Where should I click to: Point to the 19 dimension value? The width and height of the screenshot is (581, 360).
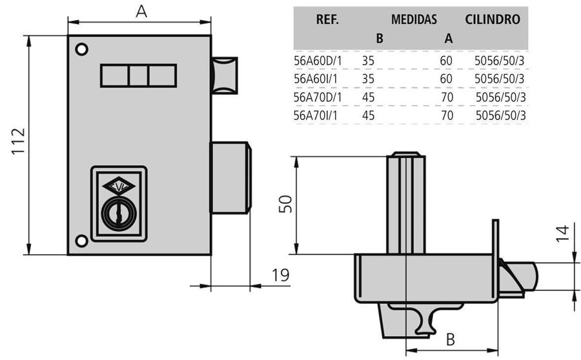(280, 275)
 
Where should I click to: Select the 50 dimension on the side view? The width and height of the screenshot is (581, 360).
(285, 205)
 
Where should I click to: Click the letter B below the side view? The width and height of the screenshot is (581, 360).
(451, 339)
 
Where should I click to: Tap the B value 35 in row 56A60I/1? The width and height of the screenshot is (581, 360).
(369, 79)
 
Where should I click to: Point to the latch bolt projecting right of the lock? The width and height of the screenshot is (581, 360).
(230, 177)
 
